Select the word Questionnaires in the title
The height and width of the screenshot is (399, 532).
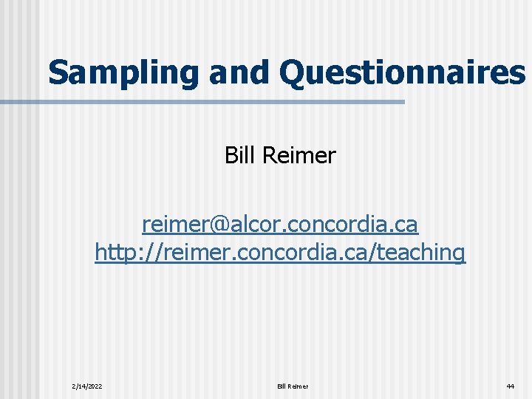(403, 72)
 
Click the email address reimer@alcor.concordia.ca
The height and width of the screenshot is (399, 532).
(280, 222)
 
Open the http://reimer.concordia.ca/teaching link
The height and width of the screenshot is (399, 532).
(280, 252)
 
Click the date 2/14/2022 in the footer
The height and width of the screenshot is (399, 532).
(87, 386)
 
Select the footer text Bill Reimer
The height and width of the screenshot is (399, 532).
(293, 386)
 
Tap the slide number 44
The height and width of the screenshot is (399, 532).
(510, 386)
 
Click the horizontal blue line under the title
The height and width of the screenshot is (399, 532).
(222, 102)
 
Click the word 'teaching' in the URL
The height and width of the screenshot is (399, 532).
(425, 253)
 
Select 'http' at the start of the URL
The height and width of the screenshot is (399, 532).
(112, 253)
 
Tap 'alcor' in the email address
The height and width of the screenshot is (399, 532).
(251, 222)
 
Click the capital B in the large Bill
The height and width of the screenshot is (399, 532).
(231, 156)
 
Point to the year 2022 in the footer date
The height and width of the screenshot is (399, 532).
(95, 386)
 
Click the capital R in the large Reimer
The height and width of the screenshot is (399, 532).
(267, 156)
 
